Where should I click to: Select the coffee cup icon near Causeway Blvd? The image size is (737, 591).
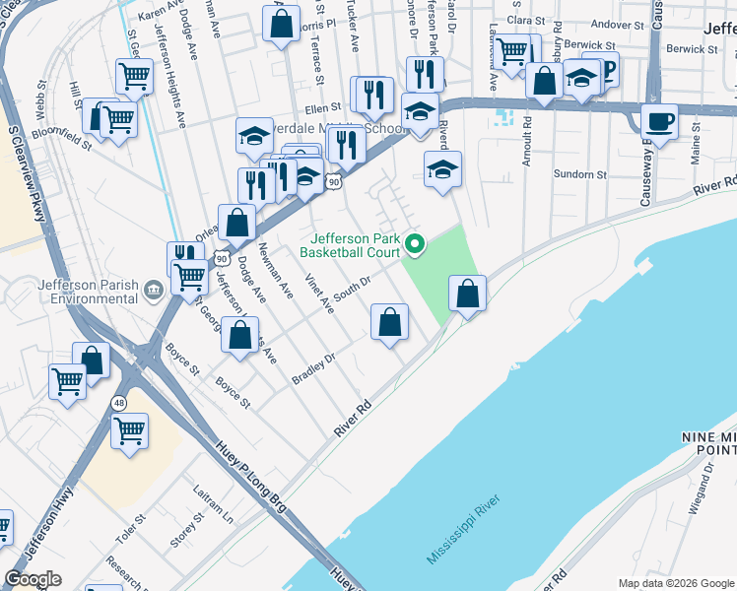point(659,123)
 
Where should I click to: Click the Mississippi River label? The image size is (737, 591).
point(465,530)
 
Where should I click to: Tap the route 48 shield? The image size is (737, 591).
point(119,402)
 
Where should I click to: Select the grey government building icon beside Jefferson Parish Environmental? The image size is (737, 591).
point(154,289)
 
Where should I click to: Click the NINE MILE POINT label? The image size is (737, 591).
point(707,442)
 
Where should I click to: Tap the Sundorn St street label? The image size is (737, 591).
point(579,174)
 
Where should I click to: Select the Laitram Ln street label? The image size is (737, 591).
point(214,496)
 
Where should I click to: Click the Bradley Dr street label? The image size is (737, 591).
point(314,368)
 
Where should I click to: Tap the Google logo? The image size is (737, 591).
point(33,579)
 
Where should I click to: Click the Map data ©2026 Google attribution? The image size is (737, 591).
point(676,583)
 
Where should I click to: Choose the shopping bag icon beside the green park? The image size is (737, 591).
point(467,294)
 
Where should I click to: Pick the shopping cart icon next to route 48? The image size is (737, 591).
point(129,430)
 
